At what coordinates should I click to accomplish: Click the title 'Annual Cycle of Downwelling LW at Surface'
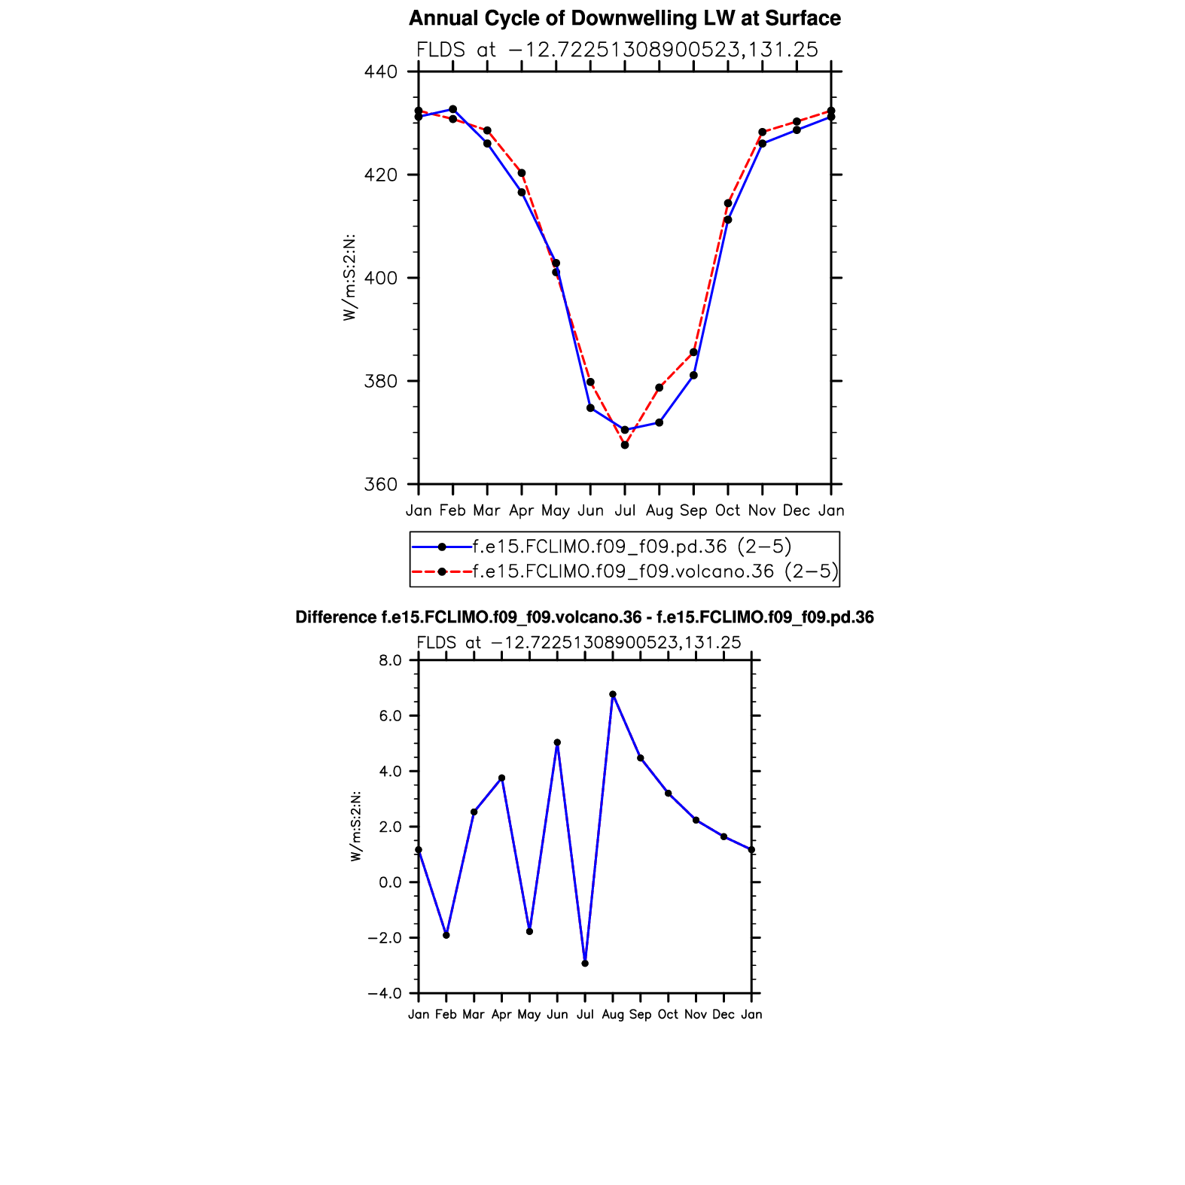pos(624,18)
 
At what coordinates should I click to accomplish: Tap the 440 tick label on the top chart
pos(381,72)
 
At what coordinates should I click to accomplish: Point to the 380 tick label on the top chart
pos(381,382)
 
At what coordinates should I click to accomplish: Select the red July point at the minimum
pos(625,445)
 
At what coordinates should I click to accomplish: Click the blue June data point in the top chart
pos(590,408)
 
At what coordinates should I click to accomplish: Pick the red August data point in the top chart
pos(660,388)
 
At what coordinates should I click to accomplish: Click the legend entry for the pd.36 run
pos(632,547)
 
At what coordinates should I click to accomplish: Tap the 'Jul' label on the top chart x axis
pos(625,510)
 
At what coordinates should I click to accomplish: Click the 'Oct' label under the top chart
pos(727,510)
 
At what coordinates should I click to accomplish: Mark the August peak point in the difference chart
pos(613,694)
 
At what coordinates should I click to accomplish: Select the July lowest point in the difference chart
pos(585,964)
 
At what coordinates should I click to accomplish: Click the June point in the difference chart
pos(557,742)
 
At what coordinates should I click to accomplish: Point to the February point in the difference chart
pos(446,935)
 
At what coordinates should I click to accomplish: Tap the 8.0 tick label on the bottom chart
pos(391,660)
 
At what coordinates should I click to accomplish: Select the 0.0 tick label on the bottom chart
pos(391,882)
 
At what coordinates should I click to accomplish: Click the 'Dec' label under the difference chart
pos(723,1015)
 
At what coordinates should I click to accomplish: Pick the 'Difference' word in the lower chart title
pos(336,618)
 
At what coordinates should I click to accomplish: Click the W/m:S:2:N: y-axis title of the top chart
pos(349,278)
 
